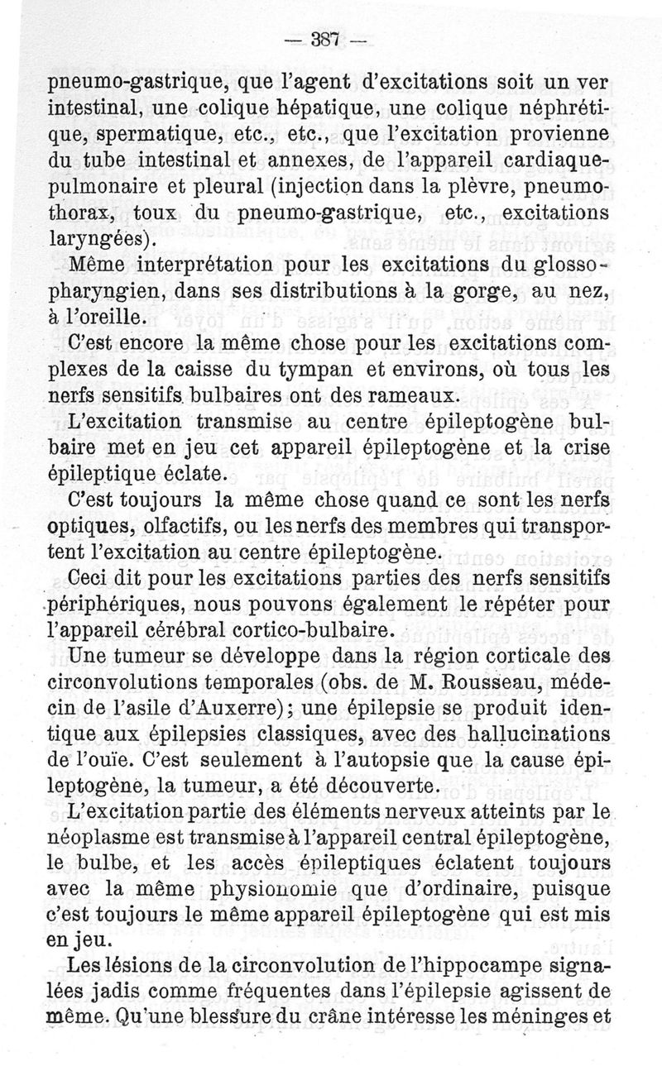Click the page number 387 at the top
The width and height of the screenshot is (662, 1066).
click(x=325, y=39)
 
